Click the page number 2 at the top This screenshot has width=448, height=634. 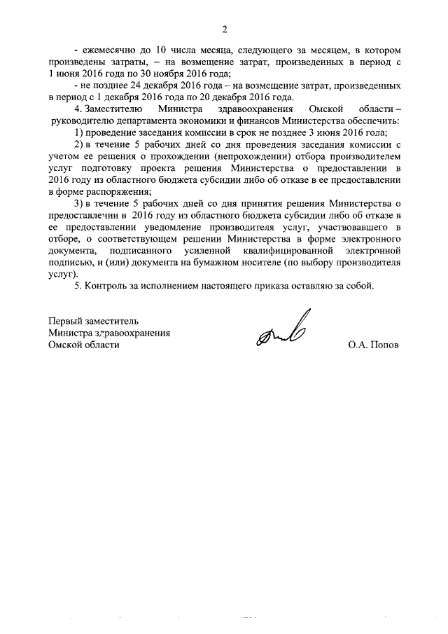224,29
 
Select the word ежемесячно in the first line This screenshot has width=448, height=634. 107,51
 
